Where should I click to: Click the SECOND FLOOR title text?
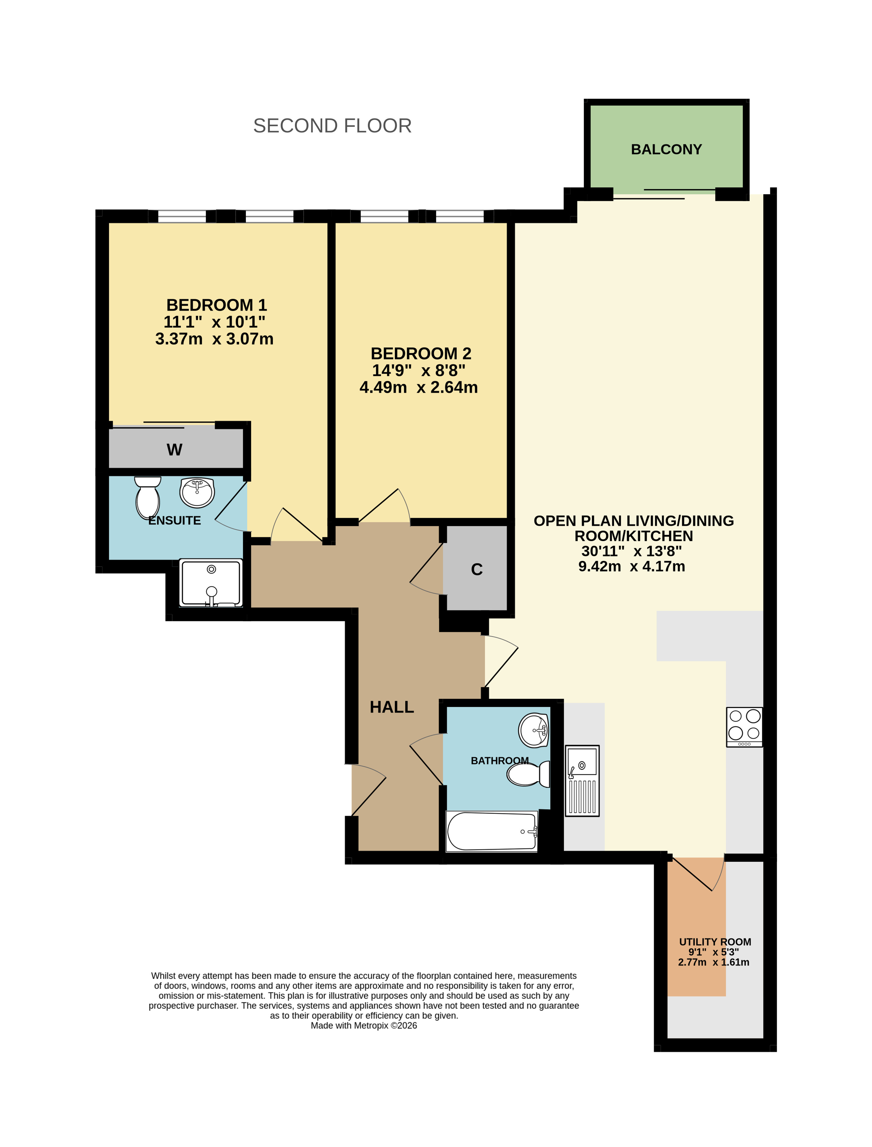(332, 126)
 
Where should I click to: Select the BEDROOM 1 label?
(216, 305)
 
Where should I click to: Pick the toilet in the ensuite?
(147, 498)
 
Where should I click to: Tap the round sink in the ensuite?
(197, 493)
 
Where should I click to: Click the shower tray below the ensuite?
(211, 583)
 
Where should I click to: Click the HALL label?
(391, 707)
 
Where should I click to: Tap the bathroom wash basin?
(534, 730)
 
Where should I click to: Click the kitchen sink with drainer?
(582, 781)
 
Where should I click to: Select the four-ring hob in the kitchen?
(744, 727)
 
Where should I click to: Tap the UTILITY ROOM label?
(715, 942)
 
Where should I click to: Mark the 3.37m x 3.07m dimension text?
(215, 339)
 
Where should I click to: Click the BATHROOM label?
(499, 760)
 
